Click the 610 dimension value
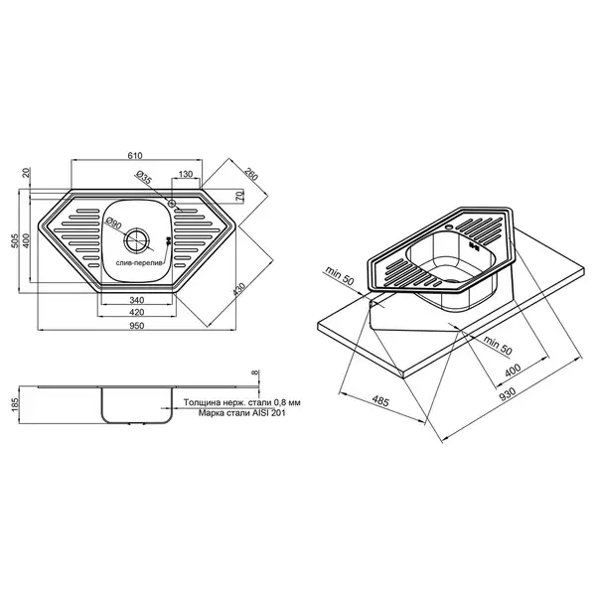(135, 156)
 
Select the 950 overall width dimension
(136, 326)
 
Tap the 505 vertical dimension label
(15, 241)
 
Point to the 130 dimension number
(186, 174)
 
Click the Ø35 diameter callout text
(144, 178)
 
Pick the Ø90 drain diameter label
(113, 223)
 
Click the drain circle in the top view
(137, 240)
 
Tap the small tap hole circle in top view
(172, 203)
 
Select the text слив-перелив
(139, 263)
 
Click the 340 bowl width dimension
(137, 300)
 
